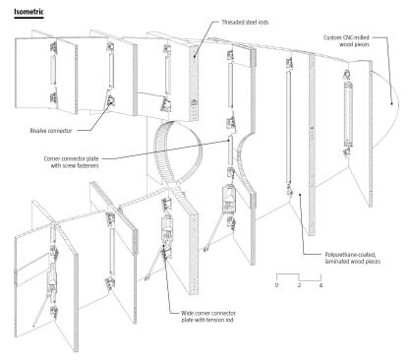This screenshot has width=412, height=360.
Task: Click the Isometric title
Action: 29,12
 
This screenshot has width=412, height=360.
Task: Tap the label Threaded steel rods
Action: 245,23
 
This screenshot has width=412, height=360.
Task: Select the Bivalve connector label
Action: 51,131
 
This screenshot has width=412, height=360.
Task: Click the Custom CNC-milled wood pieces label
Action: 346,41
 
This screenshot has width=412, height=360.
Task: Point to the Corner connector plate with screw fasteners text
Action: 71,162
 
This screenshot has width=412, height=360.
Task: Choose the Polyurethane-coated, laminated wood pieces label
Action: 353,258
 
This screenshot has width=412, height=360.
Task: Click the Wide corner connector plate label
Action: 207,317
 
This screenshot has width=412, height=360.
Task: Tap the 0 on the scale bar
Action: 276,285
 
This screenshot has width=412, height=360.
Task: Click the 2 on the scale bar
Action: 299,285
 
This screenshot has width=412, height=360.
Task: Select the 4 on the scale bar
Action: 321,285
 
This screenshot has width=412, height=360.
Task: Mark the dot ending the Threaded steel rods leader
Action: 195,57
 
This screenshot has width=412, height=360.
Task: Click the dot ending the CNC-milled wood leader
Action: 391,103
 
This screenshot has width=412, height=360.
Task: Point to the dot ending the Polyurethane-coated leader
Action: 300,195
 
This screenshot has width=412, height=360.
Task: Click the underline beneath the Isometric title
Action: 29,18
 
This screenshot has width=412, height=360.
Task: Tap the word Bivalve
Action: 38,131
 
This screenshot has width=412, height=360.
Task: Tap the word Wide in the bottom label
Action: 187,313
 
